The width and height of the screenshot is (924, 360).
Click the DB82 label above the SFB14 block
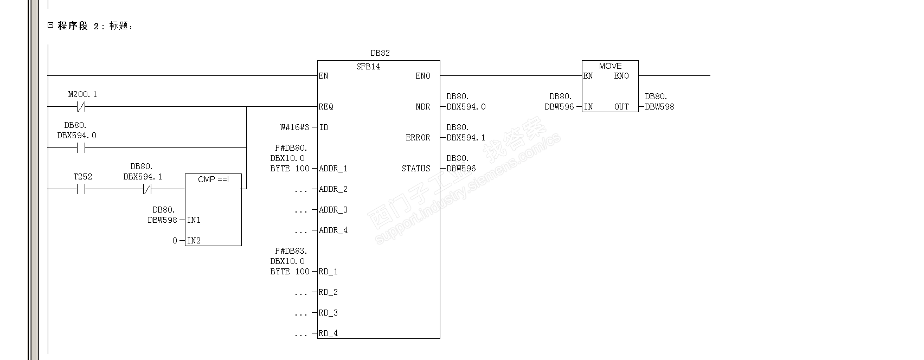point(380,53)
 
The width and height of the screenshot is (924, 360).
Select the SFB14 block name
point(368,67)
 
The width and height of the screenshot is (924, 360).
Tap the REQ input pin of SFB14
point(326,107)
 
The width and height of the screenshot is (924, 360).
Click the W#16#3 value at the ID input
point(294,127)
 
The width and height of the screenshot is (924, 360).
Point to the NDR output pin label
point(423,107)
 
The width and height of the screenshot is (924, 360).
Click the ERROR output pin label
point(418,138)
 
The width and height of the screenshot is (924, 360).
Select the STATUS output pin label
point(415,169)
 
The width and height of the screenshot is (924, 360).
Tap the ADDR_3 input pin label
point(333,210)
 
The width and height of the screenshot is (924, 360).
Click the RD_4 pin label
point(328,333)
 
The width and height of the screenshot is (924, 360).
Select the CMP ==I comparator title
point(213,179)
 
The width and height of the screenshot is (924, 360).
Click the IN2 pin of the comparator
point(194,241)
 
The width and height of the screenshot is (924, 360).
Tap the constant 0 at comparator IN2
point(175,241)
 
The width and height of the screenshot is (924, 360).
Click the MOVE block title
point(610,66)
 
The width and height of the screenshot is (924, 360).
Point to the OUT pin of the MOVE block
point(621,107)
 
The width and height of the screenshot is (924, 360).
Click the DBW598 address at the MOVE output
point(659,107)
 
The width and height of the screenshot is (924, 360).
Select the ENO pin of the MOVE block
point(621,76)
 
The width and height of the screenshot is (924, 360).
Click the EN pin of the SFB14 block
point(323,76)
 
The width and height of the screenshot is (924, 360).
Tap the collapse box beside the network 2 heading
point(50,25)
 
